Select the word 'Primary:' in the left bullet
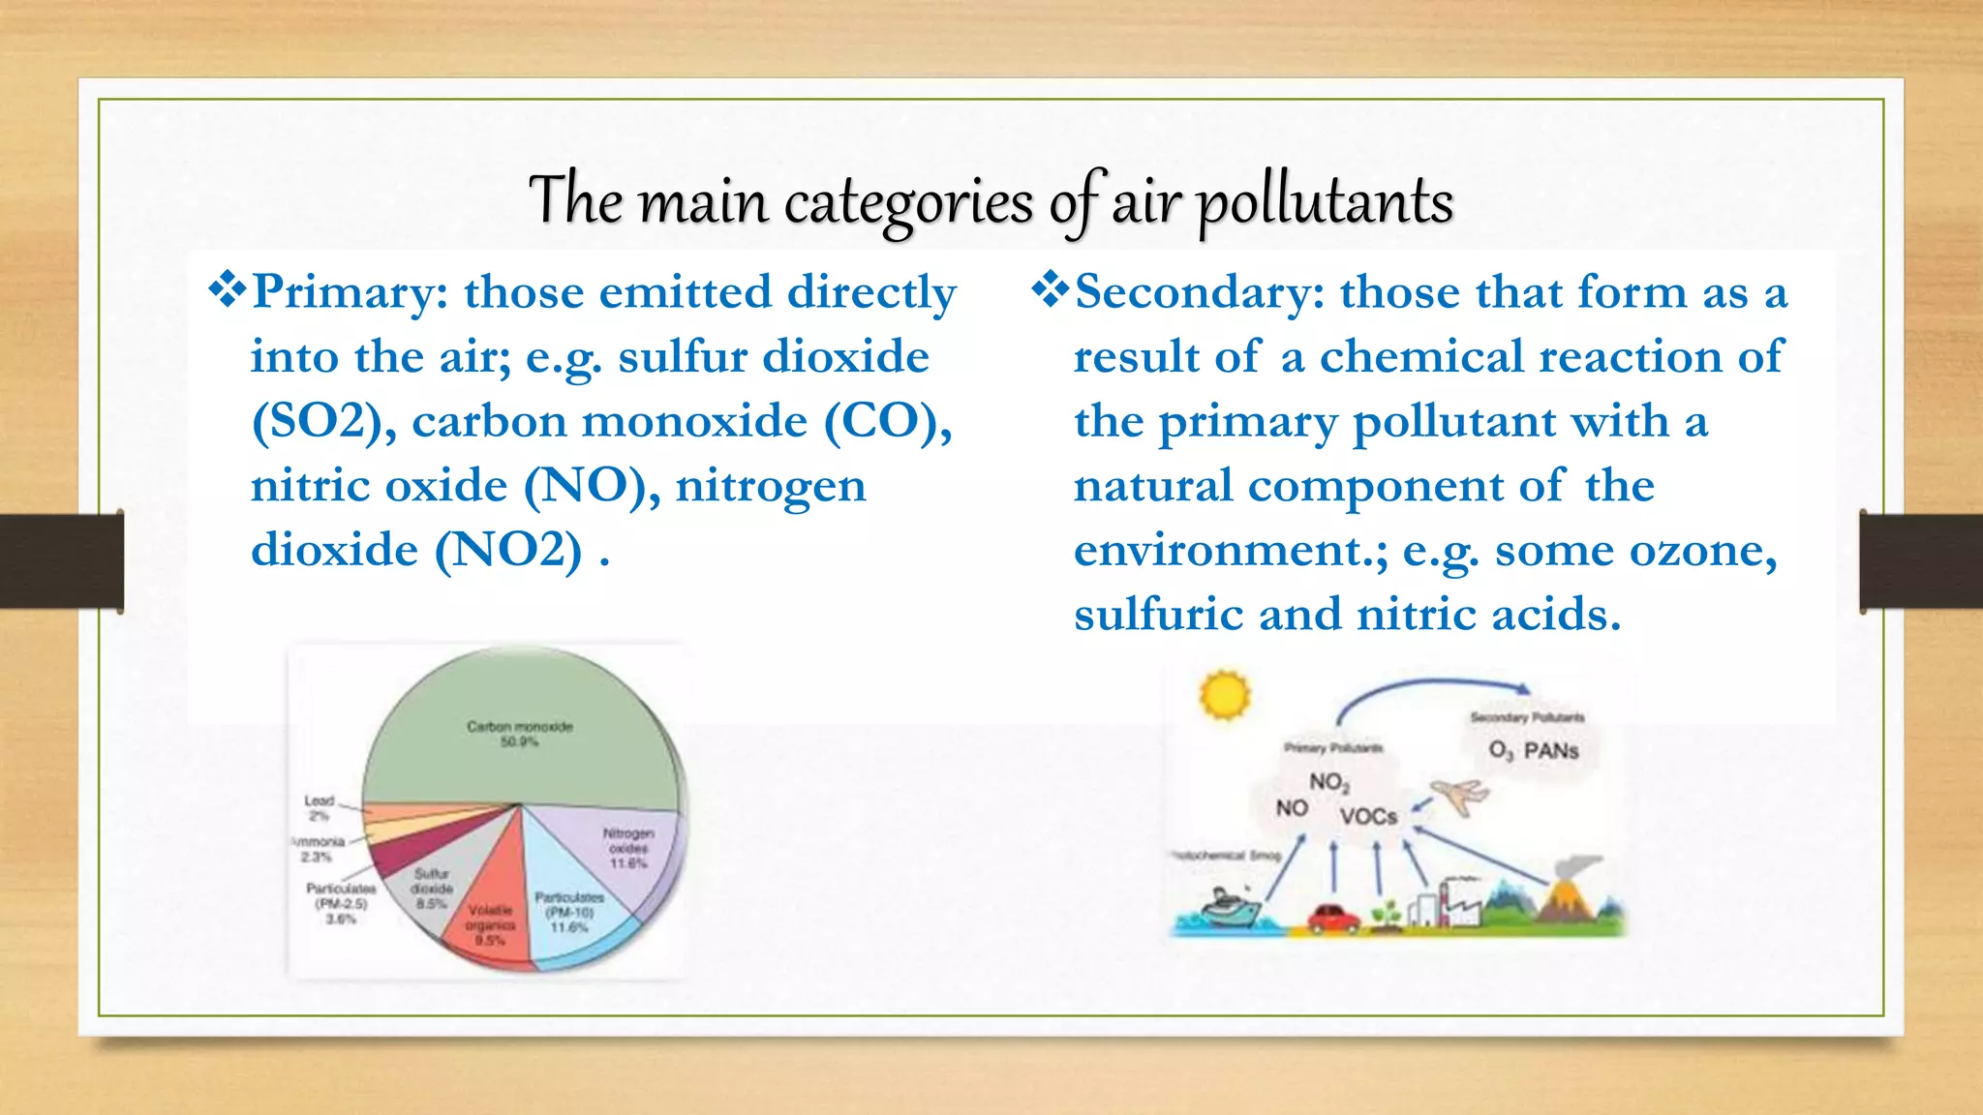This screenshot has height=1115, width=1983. (350, 292)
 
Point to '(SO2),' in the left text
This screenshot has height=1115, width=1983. (323, 422)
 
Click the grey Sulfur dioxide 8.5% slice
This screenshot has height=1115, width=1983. (432, 886)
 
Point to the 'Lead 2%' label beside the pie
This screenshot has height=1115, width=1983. (319, 807)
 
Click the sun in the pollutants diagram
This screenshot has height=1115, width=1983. (1225, 694)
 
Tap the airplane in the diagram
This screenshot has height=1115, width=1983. (1458, 795)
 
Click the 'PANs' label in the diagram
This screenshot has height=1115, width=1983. (1551, 751)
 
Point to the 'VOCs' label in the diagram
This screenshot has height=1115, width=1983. (1368, 817)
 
